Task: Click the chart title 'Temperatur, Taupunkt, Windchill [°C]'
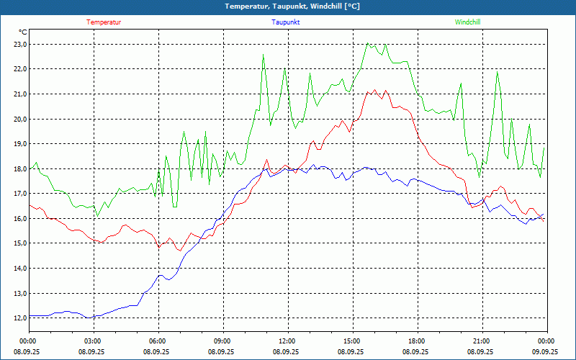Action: [292, 6]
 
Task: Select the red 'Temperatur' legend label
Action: [104, 22]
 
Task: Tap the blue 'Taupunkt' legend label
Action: [286, 22]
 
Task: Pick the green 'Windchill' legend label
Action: [468, 22]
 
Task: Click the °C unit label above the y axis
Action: [23, 32]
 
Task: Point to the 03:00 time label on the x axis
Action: [92, 341]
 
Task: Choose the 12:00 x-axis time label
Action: [287, 341]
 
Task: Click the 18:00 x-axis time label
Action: [416, 341]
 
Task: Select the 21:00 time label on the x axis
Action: [481, 341]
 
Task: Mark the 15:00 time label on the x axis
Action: [351, 341]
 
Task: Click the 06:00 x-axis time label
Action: [157, 341]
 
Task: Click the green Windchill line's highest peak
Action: [369, 43]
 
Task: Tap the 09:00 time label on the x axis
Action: [222, 341]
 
